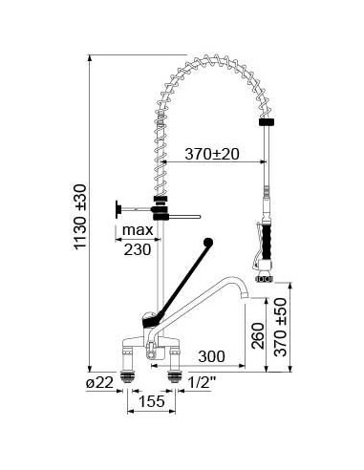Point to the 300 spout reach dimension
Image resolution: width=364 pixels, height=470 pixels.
[213, 355]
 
